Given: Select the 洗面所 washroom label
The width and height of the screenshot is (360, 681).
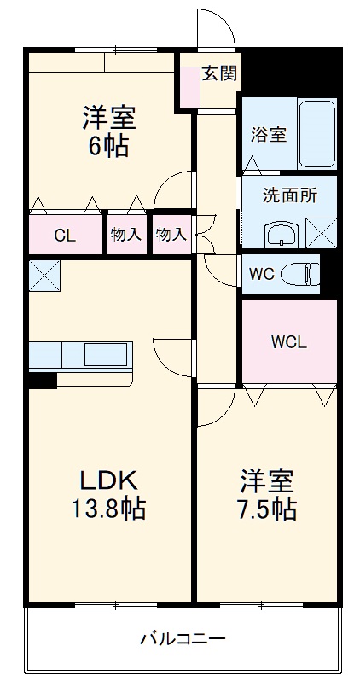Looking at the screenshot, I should tap(290, 194).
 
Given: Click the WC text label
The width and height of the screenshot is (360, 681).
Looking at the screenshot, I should tap(261, 274).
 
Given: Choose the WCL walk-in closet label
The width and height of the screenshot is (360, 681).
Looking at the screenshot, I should tap(288, 342).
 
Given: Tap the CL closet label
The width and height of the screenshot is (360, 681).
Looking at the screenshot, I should tap(65, 236).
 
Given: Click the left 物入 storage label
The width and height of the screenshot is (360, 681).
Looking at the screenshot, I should tap(125, 235).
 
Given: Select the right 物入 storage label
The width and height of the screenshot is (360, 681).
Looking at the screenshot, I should tap(171, 235).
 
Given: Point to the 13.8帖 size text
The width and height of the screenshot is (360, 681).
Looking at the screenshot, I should tap(107, 509).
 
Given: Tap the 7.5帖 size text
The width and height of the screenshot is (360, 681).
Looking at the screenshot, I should tap(268, 509).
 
